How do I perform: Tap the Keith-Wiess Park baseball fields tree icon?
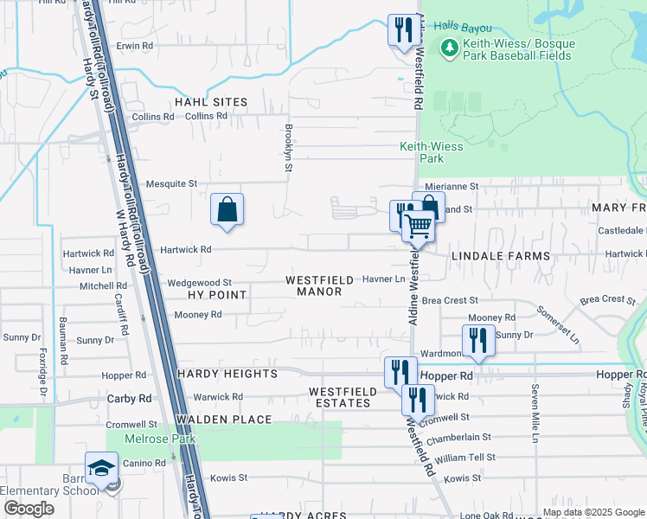pos(449,49)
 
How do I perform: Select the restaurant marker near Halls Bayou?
pos(401,30)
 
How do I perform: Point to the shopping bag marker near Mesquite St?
pos(227,209)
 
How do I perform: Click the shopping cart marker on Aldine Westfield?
pos(419,227)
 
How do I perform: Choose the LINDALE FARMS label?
pos(500,257)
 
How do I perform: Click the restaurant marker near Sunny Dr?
pos(478,340)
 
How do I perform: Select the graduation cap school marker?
pos(101,468)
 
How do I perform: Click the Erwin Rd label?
pos(135,45)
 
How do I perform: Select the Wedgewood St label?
pos(199,283)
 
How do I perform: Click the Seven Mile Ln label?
pos(535,410)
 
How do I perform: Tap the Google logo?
pos(29,508)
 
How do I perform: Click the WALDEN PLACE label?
pos(223,420)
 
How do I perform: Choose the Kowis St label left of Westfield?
pos(230,477)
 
